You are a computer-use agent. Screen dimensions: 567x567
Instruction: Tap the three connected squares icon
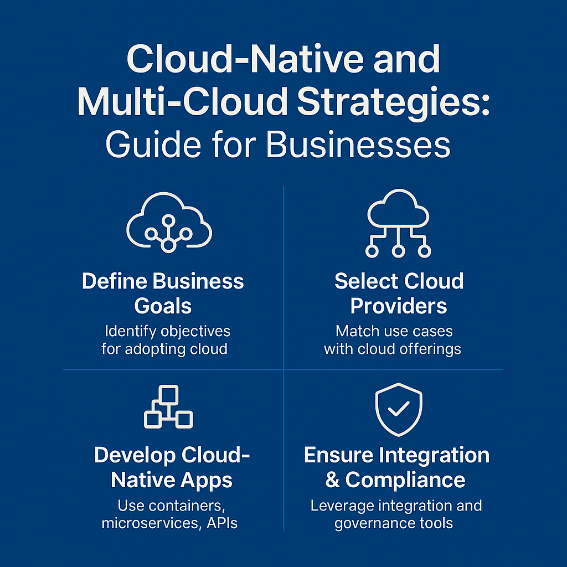tap(168, 407)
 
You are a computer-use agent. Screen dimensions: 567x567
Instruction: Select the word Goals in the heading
tap(163, 306)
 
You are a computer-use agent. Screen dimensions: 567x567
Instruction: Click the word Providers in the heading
tap(398, 306)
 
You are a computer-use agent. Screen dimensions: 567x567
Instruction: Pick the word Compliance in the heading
tap(405, 480)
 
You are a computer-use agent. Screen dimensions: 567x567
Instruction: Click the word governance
tap(370, 523)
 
